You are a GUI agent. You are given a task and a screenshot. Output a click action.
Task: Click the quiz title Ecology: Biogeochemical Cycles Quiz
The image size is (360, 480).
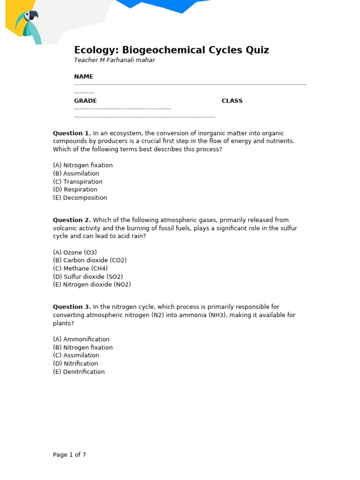[x=172, y=50]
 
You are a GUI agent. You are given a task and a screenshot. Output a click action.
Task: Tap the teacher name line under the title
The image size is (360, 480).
[x=114, y=60]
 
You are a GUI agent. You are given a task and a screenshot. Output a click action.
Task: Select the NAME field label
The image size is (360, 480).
[x=83, y=76]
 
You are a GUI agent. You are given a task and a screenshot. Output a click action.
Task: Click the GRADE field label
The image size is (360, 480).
[x=85, y=101]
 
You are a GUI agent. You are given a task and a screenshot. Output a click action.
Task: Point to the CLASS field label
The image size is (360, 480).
[x=232, y=101]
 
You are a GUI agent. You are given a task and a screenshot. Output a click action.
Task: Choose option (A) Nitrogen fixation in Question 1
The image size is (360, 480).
[x=83, y=165]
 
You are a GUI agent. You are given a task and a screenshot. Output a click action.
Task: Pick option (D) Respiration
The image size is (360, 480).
[x=75, y=190]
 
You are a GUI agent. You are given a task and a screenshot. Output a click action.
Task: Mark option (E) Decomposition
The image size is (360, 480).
[x=80, y=198]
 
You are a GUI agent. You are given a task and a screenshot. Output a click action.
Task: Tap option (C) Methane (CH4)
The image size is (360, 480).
[x=80, y=269]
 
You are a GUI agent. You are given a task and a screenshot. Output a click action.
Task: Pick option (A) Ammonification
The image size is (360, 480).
[x=81, y=339]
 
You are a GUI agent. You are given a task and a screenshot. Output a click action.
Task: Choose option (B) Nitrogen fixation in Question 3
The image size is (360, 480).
[x=83, y=347]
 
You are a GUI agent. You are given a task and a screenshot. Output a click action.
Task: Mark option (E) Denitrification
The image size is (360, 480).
[x=79, y=372]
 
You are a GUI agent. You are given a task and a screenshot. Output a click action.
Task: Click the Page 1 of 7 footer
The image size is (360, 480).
[x=69, y=455]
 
